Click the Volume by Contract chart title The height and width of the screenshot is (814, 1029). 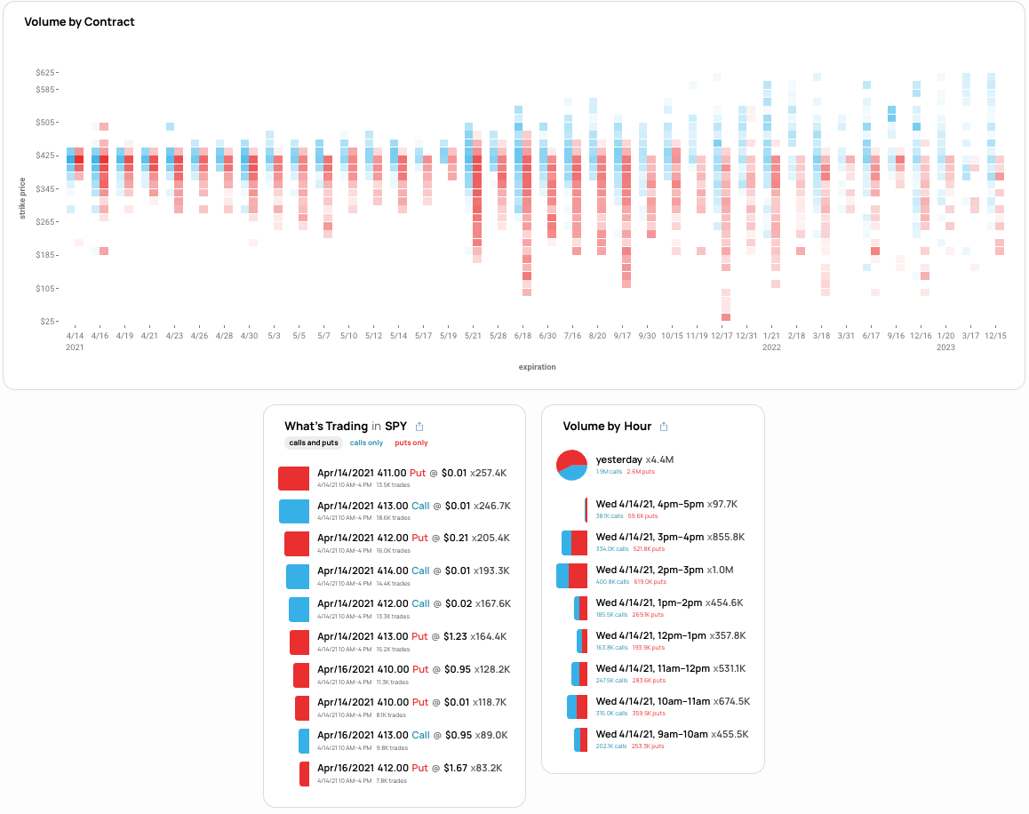[79, 21]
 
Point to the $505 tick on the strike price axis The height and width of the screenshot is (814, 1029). [46, 122]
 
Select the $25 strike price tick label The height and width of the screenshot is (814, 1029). [49, 321]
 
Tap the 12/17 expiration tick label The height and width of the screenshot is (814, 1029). [722, 336]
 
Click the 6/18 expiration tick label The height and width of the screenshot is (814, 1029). [522, 336]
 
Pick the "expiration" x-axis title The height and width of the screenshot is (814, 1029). [538, 366]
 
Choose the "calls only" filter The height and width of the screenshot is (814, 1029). [366, 443]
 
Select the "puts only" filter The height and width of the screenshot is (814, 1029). [411, 443]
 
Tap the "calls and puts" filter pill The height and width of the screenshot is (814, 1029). [314, 443]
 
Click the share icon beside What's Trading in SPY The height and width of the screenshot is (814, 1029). [419, 427]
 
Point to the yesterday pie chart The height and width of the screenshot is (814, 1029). [571, 465]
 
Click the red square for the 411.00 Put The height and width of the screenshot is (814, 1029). [293, 478]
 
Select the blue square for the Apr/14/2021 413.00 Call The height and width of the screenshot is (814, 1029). [293, 511]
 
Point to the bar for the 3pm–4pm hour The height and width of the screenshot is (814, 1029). [574, 543]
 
